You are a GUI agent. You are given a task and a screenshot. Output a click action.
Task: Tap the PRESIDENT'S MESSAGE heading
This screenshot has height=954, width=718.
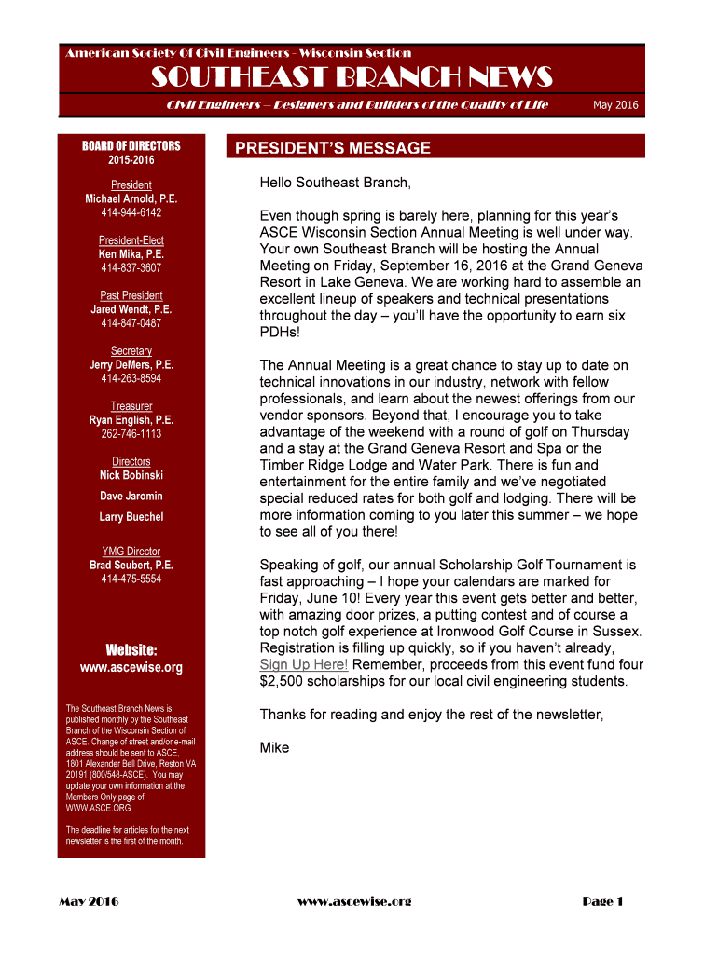332,148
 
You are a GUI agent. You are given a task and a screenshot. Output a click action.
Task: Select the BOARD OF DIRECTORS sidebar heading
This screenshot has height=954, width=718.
131,146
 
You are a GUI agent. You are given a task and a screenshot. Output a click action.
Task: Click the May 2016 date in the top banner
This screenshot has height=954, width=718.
615,105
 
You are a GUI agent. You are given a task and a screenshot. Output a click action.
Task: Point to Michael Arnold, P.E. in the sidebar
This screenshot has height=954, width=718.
131,199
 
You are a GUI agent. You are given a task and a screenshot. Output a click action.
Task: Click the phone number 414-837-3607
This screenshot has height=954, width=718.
131,268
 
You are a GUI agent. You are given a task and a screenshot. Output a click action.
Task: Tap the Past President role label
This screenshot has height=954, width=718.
131,295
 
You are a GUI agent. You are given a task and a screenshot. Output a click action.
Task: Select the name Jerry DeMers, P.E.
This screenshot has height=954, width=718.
131,365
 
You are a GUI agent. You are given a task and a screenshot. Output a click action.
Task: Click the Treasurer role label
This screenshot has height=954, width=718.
131,406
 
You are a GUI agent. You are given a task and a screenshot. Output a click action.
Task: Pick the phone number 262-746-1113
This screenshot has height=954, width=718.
131,434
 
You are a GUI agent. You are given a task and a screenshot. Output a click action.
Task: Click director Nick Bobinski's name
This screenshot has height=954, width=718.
131,476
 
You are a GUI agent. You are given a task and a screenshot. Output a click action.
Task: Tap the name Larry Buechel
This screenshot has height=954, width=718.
131,517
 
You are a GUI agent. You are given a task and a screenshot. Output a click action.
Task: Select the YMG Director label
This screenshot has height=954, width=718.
131,552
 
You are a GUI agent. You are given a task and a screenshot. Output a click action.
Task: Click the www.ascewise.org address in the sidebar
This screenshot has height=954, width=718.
131,668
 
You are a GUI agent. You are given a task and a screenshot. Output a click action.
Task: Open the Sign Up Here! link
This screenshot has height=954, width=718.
304,664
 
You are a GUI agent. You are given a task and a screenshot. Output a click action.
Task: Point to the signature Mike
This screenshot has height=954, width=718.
274,748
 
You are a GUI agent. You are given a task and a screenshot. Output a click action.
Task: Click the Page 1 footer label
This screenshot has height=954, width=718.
602,901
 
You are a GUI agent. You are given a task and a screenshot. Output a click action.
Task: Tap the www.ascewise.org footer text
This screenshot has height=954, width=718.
354,901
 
